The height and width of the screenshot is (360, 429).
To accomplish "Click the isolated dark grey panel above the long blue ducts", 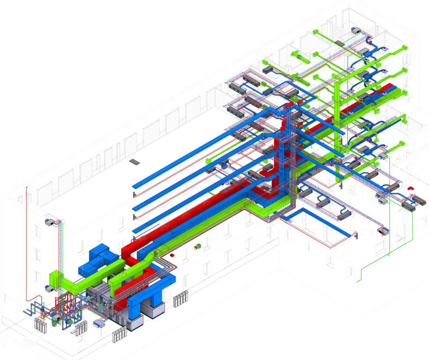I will click(134, 162).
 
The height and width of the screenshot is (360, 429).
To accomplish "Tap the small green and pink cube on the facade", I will click(196, 246).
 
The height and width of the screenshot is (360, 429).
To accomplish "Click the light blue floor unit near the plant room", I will click(100, 323).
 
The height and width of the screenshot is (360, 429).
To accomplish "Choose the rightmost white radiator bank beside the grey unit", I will click(181, 300).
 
